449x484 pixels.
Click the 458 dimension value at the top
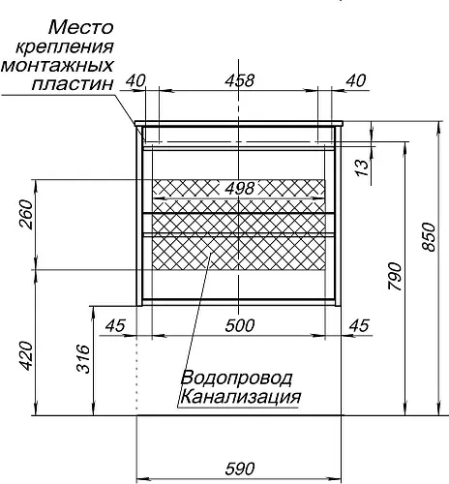tap(240, 80)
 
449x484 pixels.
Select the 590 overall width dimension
tap(240, 469)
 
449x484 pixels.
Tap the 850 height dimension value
tap(430, 236)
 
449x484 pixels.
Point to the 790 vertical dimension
tap(396, 277)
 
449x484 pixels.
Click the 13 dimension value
tap(363, 167)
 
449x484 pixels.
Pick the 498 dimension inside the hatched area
tap(240, 188)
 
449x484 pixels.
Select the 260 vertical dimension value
tap(26, 215)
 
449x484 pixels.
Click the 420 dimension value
tap(26, 356)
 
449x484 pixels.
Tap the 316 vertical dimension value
tap(83, 358)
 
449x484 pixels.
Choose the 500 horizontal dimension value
tap(240, 325)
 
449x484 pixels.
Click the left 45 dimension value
tap(115, 325)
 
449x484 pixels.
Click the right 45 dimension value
tap(359, 325)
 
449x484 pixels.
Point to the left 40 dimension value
tap(135, 80)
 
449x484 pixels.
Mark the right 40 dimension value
tap(356, 80)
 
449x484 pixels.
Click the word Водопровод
tap(237, 378)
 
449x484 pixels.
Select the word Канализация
tap(241, 397)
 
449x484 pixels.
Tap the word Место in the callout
tap(81, 27)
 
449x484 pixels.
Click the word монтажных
tap(57, 65)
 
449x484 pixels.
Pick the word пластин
tap(73, 84)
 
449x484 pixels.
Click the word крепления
tap(65, 47)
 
